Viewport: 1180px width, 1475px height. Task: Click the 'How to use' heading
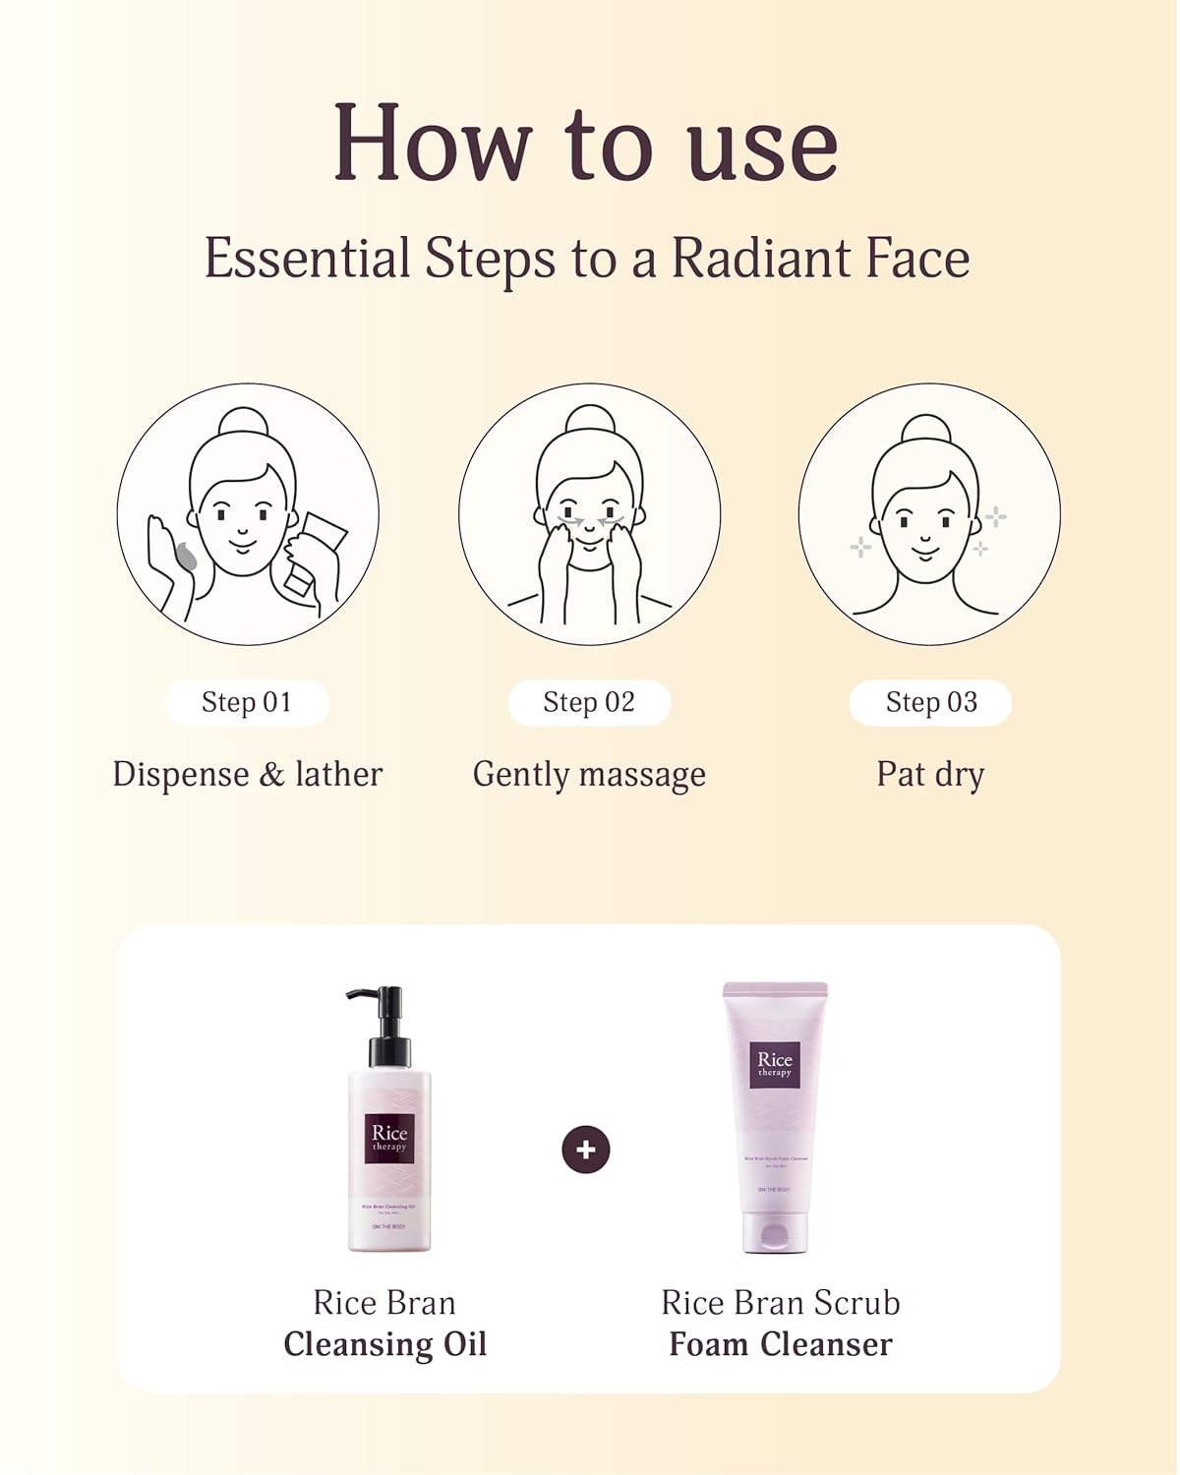[x=586, y=144]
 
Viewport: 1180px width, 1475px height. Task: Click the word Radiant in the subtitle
[x=760, y=259]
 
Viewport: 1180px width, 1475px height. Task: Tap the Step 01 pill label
[x=247, y=702]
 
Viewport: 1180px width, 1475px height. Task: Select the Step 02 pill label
[x=589, y=702]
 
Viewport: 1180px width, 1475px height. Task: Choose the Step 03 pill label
[x=930, y=702]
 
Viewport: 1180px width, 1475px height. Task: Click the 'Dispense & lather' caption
[x=247, y=774]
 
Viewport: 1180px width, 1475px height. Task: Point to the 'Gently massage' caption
[x=589, y=775]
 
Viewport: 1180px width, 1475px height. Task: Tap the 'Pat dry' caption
[x=930, y=775]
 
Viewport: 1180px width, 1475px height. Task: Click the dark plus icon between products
[x=586, y=1150]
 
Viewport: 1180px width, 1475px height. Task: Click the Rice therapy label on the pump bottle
[x=389, y=1138]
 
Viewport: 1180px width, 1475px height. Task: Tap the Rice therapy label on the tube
[x=775, y=1064]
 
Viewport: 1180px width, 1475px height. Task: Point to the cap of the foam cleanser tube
[x=775, y=1233]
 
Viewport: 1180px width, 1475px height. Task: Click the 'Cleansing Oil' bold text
[x=384, y=1344]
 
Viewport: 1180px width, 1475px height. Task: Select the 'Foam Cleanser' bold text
[x=781, y=1344]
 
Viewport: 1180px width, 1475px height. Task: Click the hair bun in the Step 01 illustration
[x=243, y=422]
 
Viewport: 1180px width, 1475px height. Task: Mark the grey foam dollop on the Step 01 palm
[x=186, y=558]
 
